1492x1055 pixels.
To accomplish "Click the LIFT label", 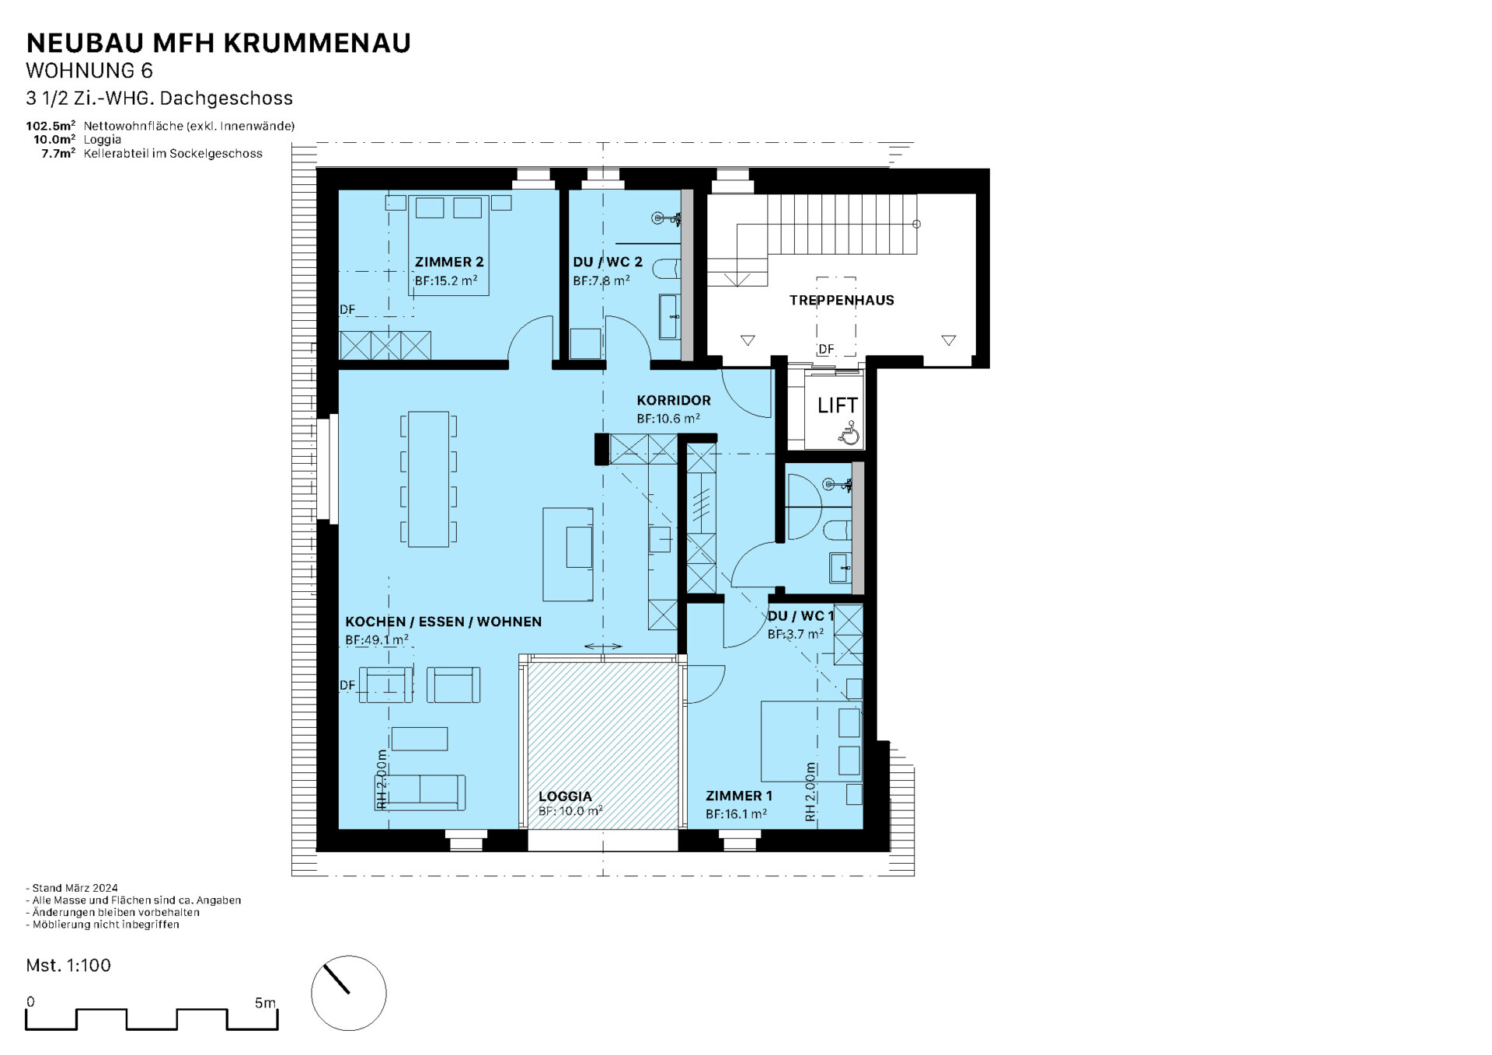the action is click(x=837, y=405).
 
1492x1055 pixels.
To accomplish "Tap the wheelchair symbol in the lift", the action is click(x=849, y=433).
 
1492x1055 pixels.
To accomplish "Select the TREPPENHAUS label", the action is click(x=842, y=300).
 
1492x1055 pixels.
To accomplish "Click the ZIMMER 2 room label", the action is click(x=449, y=262).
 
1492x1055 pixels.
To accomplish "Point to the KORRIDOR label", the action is click(x=674, y=400).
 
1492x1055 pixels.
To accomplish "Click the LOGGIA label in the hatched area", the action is click(x=565, y=796).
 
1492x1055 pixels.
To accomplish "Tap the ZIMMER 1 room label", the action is click(x=739, y=796).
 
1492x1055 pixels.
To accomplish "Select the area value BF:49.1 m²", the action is click(x=377, y=640).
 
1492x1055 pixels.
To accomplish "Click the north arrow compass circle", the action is click(x=349, y=993).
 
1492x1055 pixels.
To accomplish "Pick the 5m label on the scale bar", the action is click(x=265, y=1003).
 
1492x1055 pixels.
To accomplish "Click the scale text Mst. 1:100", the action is click(x=68, y=965).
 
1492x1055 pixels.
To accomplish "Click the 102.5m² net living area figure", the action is click(x=51, y=126).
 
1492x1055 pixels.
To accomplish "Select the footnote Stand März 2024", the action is click(x=72, y=888).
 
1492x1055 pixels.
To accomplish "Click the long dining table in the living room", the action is click(x=428, y=479).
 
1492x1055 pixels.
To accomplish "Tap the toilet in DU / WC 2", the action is click(x=667, y=269).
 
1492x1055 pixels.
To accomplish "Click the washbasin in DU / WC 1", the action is click(x=841, y=567).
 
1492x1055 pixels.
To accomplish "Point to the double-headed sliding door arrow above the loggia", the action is click(x=603, y=646).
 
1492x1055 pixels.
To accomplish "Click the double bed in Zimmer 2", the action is click(x=449, y=245).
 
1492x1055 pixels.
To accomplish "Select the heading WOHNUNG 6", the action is click(x=89, y=71).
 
